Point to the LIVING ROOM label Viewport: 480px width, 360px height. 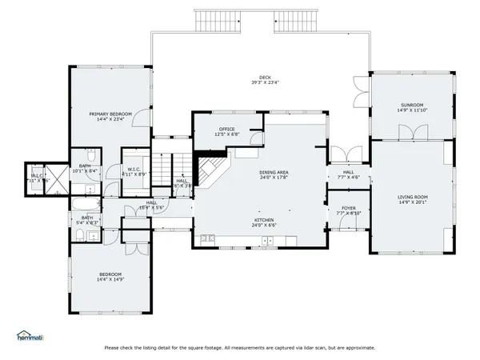click(x=411, y=197)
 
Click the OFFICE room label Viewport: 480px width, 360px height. click(x=226, y=129)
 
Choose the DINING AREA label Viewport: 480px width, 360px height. click(x=274, y=173)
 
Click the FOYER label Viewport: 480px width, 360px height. click(x=349, y=208)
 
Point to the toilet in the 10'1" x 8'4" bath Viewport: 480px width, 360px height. click(x=91, y=154)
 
